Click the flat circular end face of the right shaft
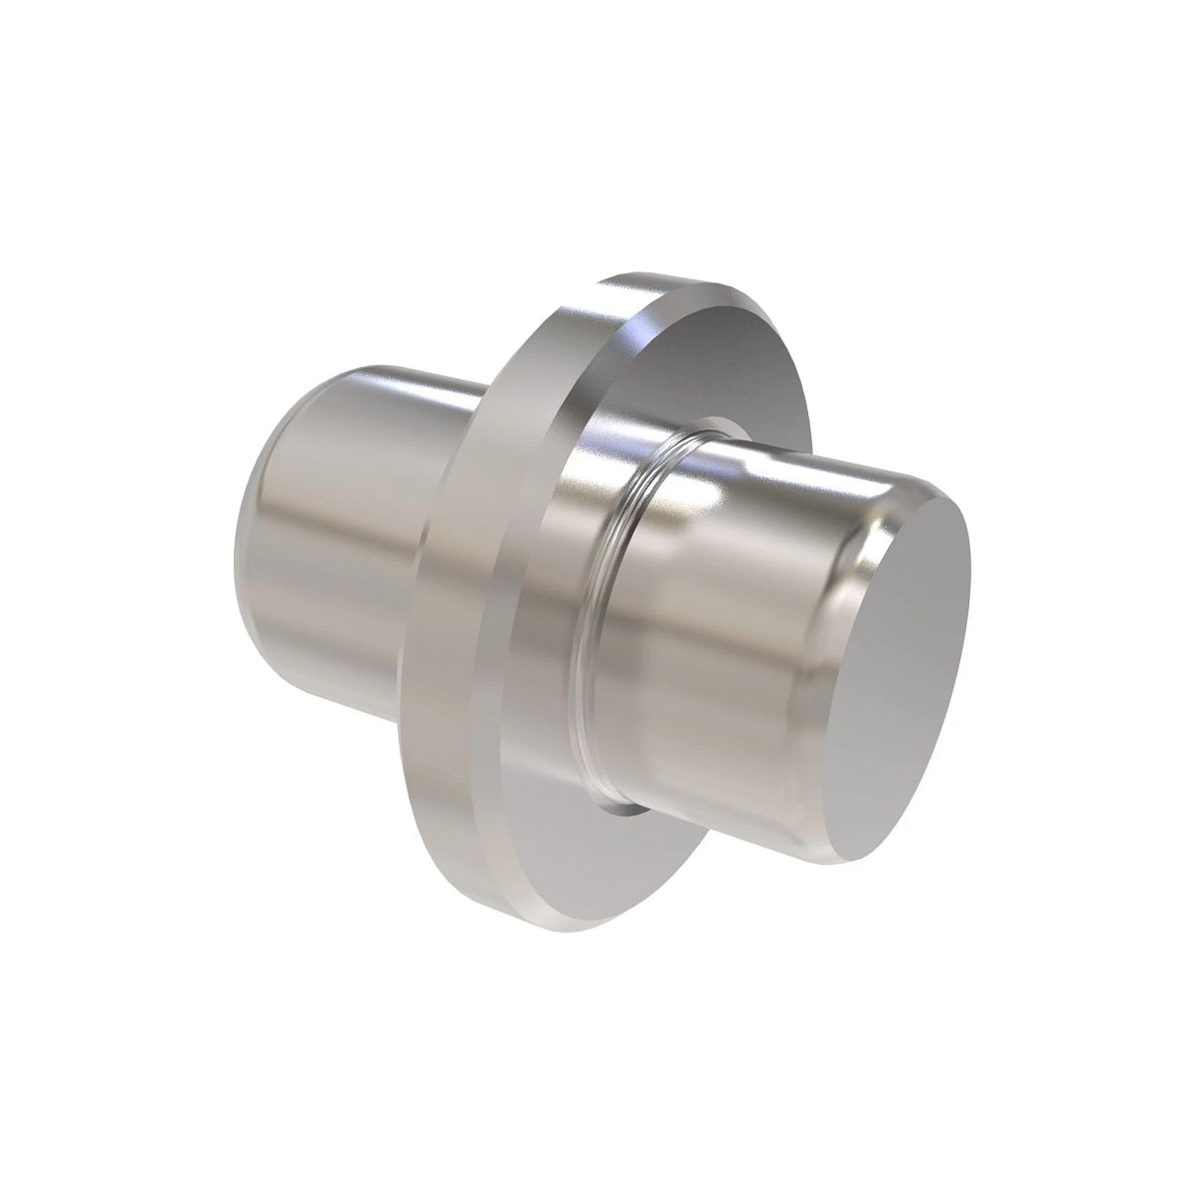point(900,676)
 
